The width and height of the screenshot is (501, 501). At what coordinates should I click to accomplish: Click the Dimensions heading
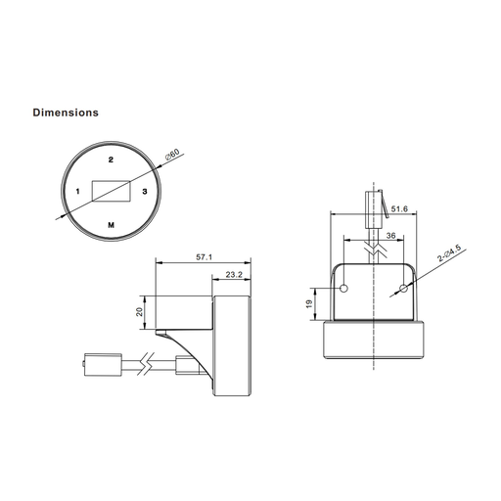(x=66, y=113)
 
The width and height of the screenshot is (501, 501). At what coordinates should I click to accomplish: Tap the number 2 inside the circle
(x=111, y=159)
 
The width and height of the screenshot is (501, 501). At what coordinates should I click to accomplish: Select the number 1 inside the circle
(x=77, y=191)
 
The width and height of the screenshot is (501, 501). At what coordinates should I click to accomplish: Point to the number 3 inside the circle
(x=145, y=191)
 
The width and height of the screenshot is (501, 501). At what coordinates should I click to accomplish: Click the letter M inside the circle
(x=112, y=225)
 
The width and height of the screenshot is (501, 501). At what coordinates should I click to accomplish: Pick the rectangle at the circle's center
(x=112, y=191)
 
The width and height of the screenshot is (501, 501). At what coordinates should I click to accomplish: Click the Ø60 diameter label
(x=172, y=155)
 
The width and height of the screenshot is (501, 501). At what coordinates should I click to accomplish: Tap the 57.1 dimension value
(x=204, y=257)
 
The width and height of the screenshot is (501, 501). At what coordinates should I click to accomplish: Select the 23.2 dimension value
(x=234, y=275)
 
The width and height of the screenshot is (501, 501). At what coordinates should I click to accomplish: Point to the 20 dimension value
(x=140, y=311)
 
